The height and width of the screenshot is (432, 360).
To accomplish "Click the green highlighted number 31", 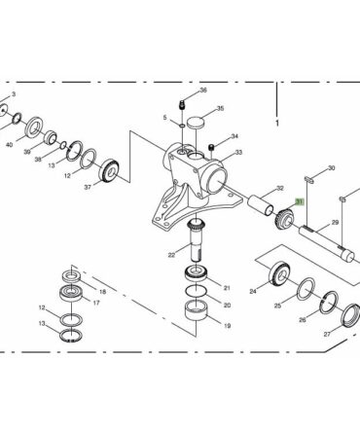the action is pos(299,202).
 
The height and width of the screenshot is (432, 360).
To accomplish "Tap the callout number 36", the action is pos(203,90).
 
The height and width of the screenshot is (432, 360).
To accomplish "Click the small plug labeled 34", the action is pos(212,148).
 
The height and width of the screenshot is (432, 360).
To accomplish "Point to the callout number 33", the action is pos(238,152).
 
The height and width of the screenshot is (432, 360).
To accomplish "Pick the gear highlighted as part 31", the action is pos(285,220).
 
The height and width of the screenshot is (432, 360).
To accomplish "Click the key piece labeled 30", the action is pos(309,179).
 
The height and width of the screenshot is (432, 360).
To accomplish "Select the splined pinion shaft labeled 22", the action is pos(197,239).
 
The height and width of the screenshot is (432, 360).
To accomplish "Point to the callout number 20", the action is pos(227,306).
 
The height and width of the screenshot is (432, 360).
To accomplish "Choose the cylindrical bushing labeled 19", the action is pos(196,310).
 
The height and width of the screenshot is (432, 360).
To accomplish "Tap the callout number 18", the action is pos(102,292).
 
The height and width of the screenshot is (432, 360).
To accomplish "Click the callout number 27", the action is pos(327,334).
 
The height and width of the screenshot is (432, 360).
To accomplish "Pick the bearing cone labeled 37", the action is pos(111,171).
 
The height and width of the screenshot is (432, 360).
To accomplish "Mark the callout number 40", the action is pos(10,145).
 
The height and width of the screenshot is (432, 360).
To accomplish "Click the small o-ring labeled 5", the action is pos(182,126).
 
